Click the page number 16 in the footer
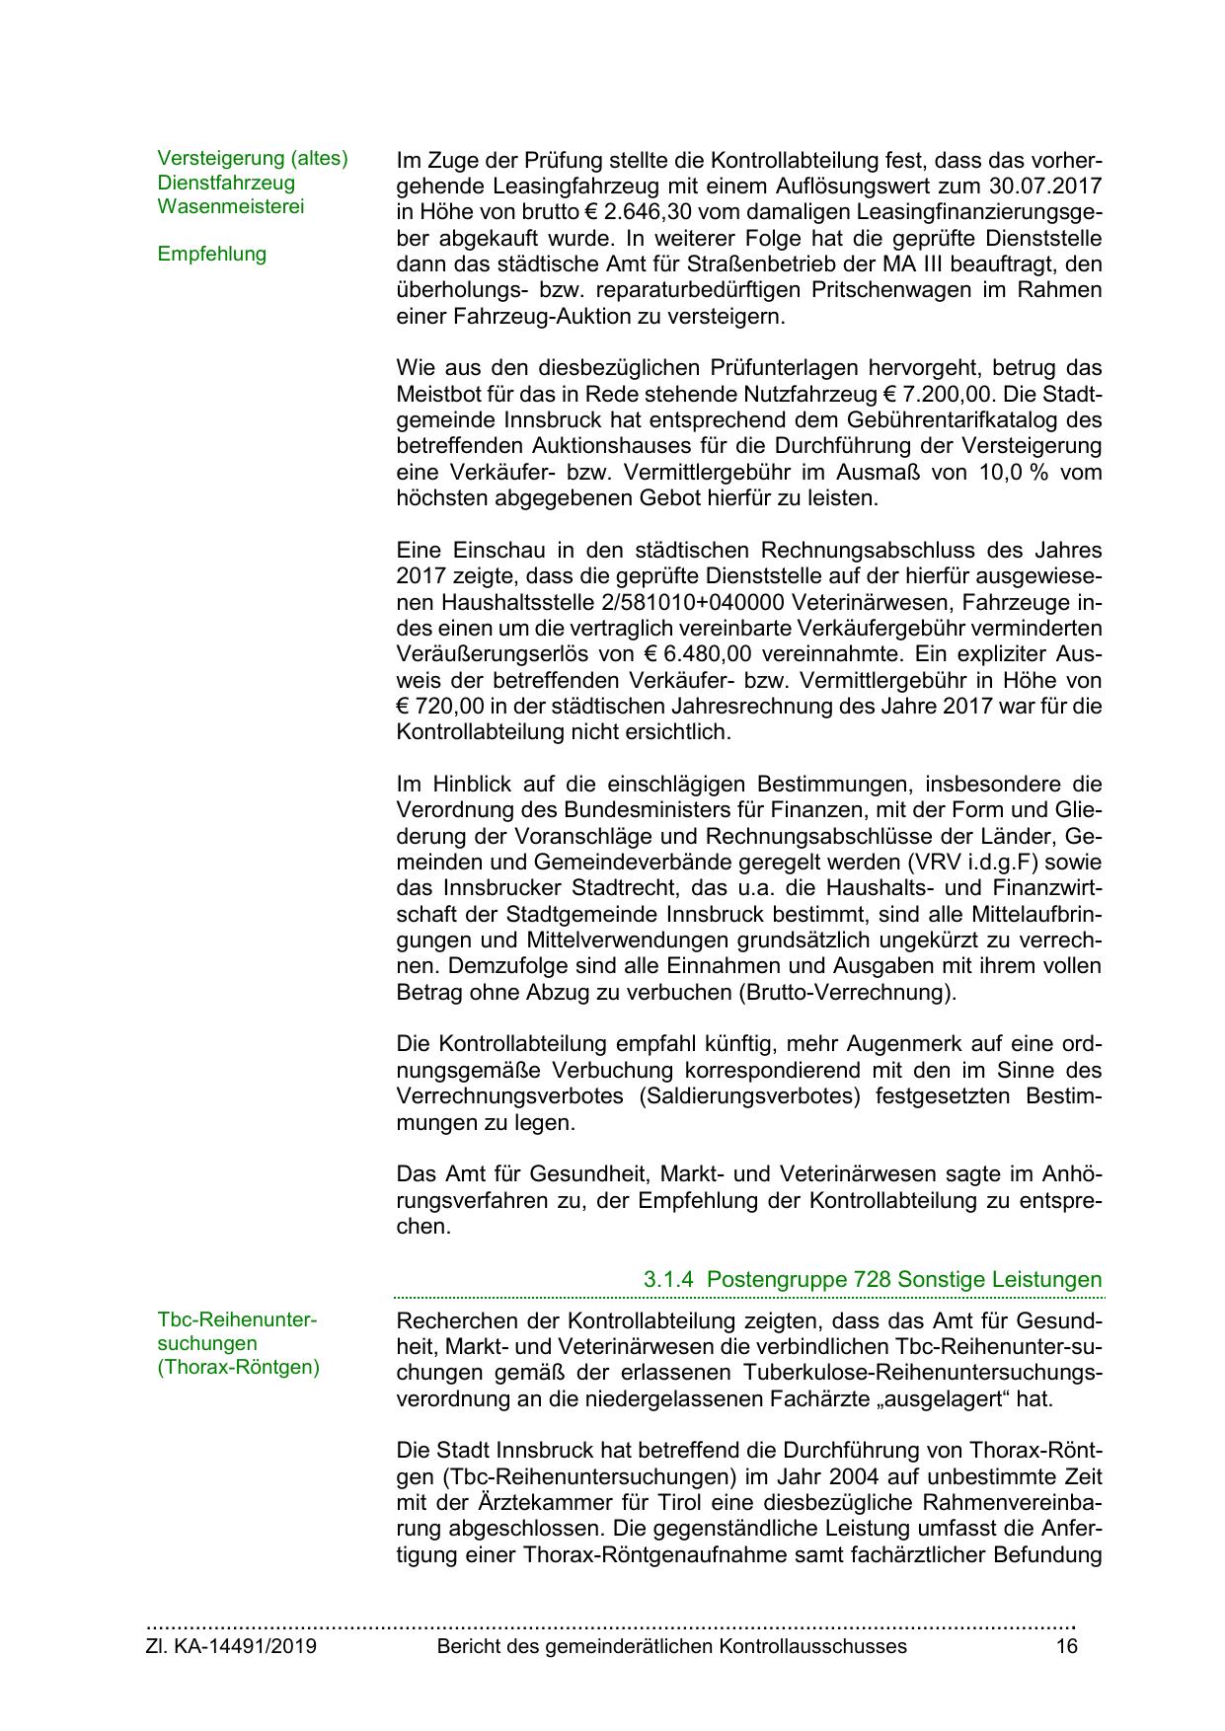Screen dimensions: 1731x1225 (x=1066, y=1646)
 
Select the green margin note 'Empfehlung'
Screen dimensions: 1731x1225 (x=211, y=254)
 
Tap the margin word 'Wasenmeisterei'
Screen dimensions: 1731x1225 (x=231, y=206)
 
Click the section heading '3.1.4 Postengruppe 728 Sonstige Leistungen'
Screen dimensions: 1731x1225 (x=873, y=1280)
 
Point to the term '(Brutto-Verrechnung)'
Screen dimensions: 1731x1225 (x=847, y=992)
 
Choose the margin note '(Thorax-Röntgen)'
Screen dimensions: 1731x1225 (x=239, y=1369)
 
